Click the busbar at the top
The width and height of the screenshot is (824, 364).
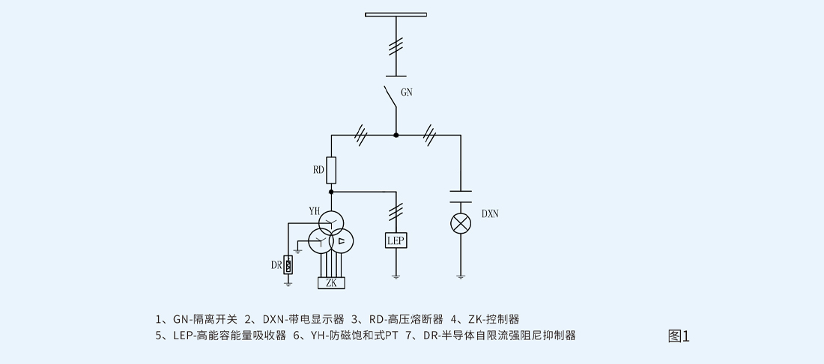pos(396,14)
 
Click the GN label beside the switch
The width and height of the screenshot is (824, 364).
pos(407,94)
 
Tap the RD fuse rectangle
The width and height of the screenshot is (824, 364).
pos(331,170)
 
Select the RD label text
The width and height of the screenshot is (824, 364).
pos(318,170)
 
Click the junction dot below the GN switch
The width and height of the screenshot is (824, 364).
pos(396,135)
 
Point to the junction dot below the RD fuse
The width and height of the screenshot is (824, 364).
pos(331,192)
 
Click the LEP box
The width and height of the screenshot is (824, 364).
pos(396,240)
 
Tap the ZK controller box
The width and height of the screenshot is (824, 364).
pos(330,283)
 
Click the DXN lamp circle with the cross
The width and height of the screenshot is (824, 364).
pos(460,223)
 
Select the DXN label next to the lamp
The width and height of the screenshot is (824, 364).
pos(490,213)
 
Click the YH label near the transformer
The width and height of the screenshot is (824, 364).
pos(314,211)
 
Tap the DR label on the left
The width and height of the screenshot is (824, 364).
pos(276,264)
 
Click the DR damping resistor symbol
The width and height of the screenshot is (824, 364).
pos(288,264)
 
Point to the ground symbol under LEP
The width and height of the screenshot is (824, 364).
pos(396,276)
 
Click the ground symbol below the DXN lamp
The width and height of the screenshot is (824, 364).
pos(460,276)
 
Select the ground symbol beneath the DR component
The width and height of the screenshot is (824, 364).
pos(288,283)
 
